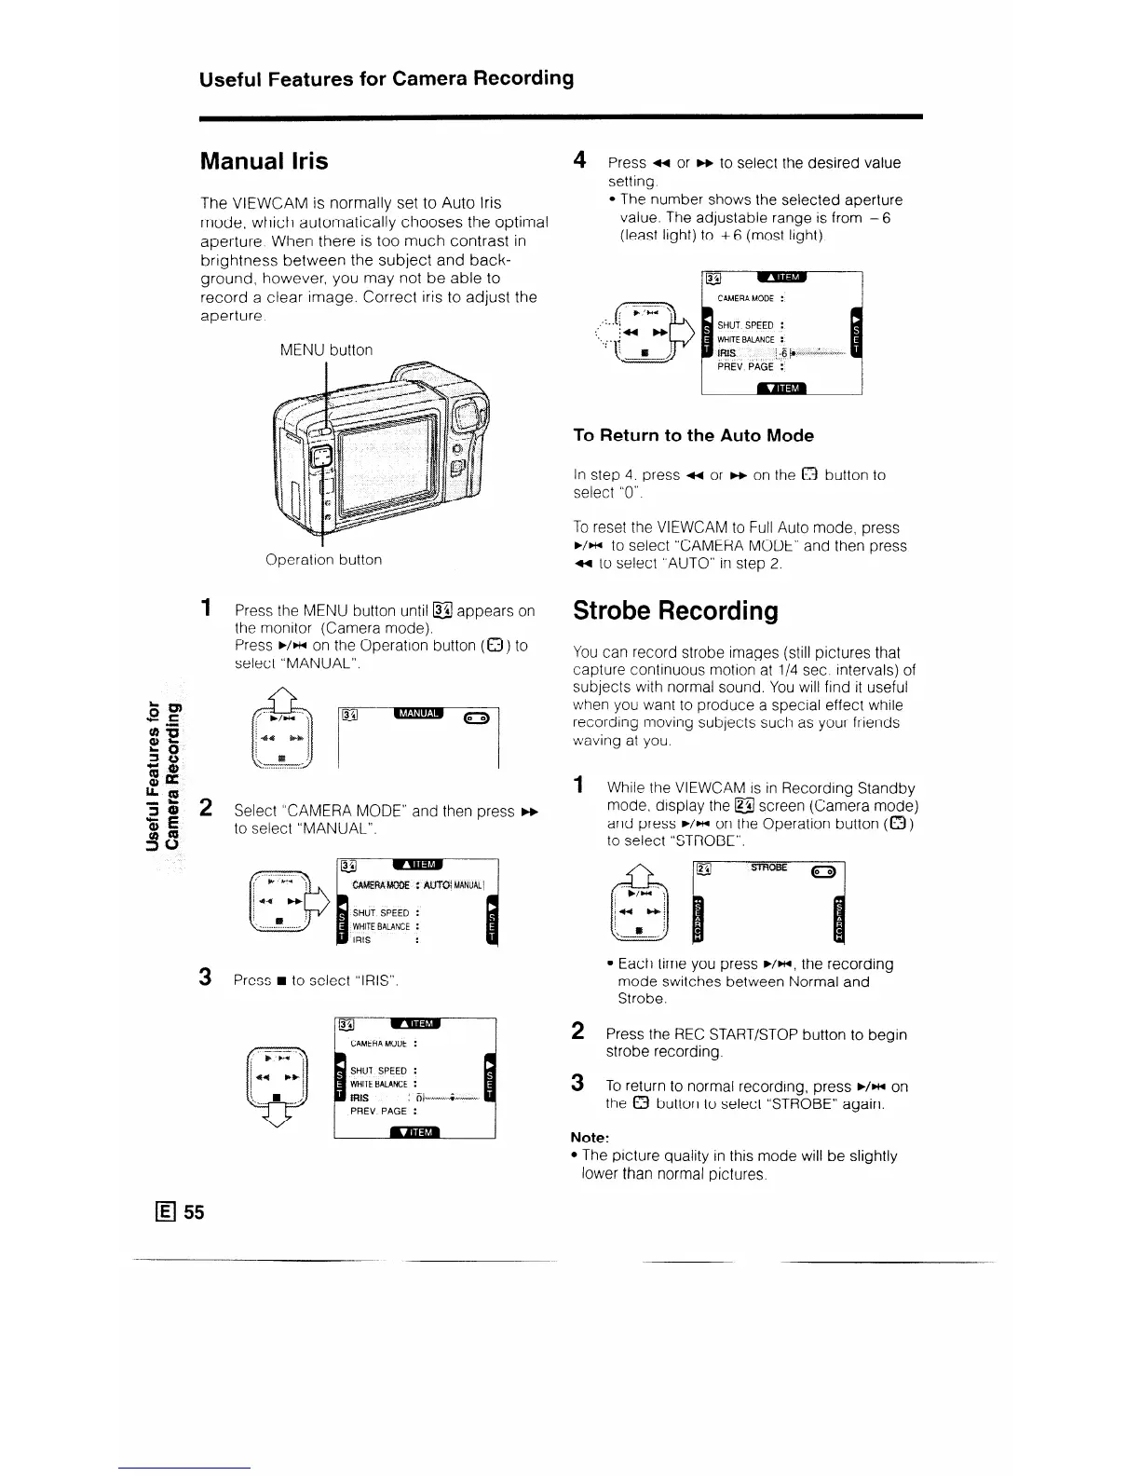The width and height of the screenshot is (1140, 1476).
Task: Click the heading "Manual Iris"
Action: [x=265, y=161]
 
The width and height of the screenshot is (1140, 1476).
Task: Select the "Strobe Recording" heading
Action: [x=675, y=610]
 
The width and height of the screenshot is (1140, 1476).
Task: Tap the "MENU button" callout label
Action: [x=326, y=349]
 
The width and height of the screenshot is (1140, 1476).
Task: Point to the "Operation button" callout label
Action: [x=323, y=560]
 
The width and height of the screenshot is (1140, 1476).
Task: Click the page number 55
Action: [x=193, y=1211]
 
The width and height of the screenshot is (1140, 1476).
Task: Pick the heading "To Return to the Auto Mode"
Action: [x=693, y=435]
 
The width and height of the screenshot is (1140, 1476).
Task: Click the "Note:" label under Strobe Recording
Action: [x=590, y=1137]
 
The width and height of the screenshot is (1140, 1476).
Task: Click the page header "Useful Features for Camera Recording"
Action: [x=386, y=77]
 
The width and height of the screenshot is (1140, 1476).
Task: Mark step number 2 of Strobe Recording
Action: [x=577, y=1031]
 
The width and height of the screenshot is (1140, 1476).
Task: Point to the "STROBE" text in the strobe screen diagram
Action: [x=768, y=868]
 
